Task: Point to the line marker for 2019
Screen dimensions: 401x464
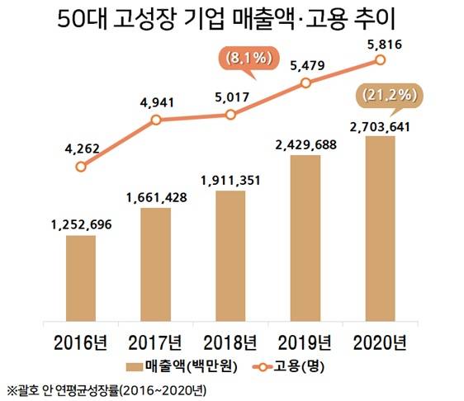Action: point(305,83)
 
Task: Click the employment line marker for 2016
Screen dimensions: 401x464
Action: point(80,167)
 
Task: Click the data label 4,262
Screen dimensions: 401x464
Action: point(80,149)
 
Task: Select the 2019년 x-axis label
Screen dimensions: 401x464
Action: point(305,342)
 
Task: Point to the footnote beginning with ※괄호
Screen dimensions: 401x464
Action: point(108,389)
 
